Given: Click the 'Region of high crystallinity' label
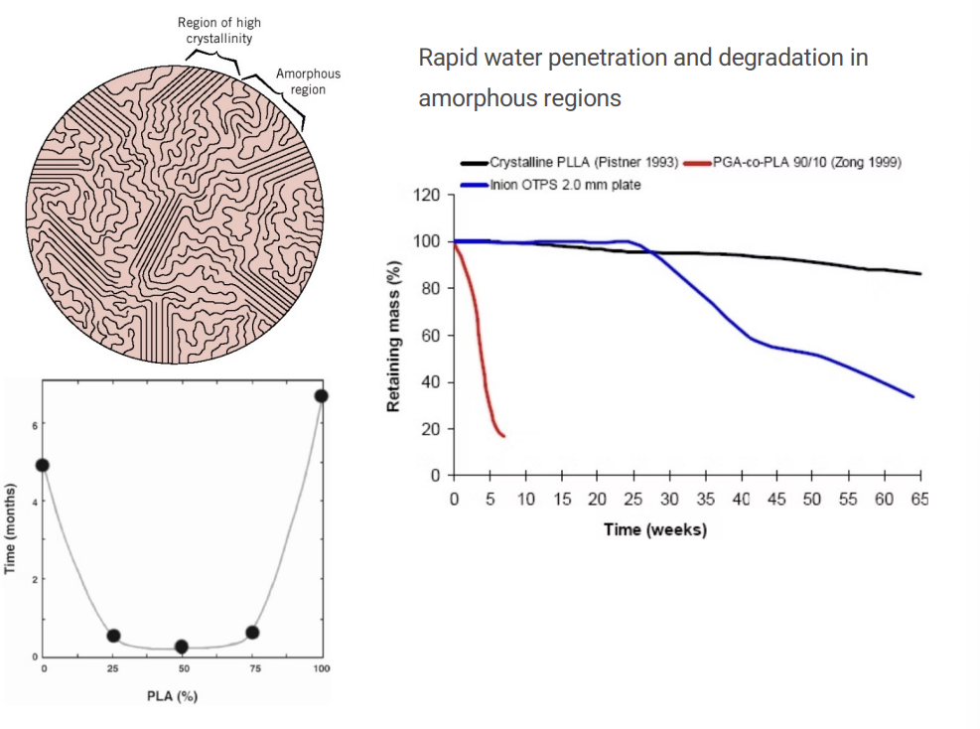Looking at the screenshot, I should [x=219, y=31].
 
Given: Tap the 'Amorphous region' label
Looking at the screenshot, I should [x=308, y=81].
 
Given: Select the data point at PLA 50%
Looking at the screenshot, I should [x=182, y=647].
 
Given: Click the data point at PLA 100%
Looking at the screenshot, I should [x=321, y=396].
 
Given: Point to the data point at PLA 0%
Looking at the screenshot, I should [x=42, y=465].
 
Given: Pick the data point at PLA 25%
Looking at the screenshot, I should [x=113, y=636].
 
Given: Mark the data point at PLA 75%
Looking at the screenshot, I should [x=252, y=632].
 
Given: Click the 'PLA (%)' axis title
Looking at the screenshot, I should [x=180, y=695].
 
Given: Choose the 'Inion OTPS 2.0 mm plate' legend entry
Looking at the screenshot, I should [x=565, y=185].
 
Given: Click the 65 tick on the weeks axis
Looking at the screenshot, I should [x=919, y=499].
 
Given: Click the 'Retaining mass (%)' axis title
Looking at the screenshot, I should [x=394, y=336].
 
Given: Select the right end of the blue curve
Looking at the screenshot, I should [x=913, y=397].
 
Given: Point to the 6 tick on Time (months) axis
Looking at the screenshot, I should [x=33, y=425].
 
